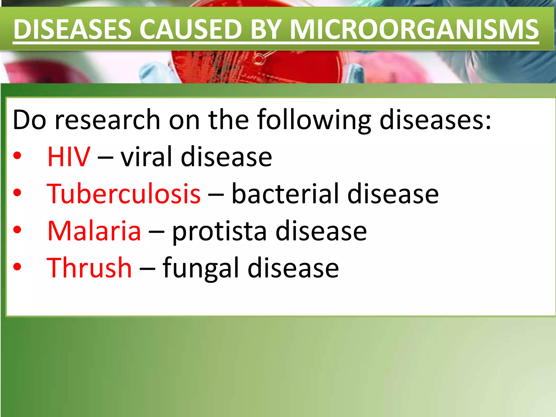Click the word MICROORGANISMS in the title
click(x=414, y=29)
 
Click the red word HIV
click(x=69, y=157)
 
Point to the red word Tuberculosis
click(x=124, y=194)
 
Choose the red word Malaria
click(x=94, y=231)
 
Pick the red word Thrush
click(x=89, y=268)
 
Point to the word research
click(x=108, y=120)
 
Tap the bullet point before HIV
click(x=17, y=156)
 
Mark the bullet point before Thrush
click(x=17, y=267)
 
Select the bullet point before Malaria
click(x=17, y=230)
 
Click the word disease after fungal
click(x=293, y=268)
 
